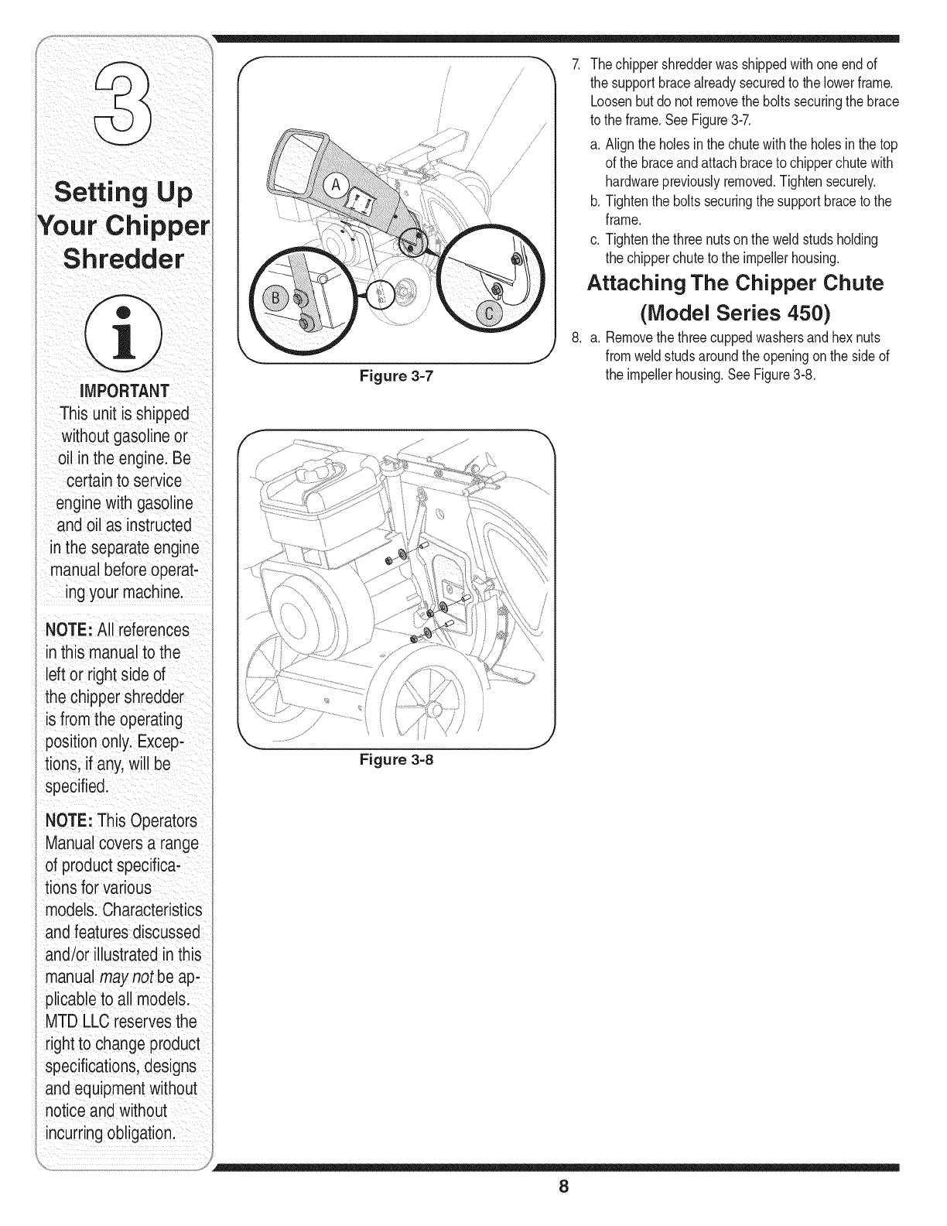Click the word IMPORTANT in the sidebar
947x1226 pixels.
[123, 389]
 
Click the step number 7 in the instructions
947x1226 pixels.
[574, 64]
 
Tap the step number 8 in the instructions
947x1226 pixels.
[575, 337]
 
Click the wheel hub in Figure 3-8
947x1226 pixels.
[437, 709]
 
